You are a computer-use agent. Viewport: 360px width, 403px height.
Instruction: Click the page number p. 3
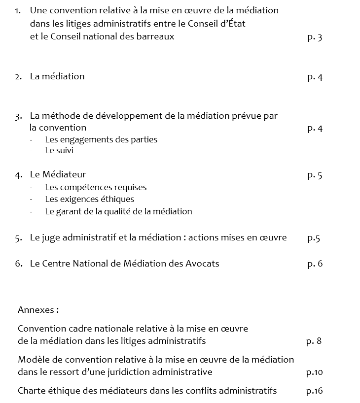tap(315, 37)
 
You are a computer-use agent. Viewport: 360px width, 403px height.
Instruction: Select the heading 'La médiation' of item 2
tap(57, 76)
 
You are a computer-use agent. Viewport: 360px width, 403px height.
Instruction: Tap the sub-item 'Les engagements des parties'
tap(101, 139)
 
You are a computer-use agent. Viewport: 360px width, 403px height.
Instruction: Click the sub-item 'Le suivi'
tap(59, 151)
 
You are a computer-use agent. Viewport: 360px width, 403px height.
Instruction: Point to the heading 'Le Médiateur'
tap(58, 174)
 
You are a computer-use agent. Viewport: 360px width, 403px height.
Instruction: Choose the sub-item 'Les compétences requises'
tap(96, 187)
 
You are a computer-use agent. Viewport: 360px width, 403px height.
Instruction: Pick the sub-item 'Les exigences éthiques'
tap(89, 200)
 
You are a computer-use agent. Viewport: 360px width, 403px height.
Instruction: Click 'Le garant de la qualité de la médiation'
tap(118, 211)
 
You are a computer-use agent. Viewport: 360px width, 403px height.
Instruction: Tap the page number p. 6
tap(315, 264)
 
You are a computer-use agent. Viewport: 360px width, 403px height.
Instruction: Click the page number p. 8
tap(314, 340)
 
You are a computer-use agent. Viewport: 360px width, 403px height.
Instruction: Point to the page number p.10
tap(314, 372)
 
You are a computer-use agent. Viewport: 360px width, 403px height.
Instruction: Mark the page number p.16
tap(314, 391)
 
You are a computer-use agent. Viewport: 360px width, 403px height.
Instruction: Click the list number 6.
tap(18, 264)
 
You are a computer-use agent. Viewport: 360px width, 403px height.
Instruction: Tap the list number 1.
tap(18, 10)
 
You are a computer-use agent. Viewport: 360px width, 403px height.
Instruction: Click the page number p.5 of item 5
tap(314, 238)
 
